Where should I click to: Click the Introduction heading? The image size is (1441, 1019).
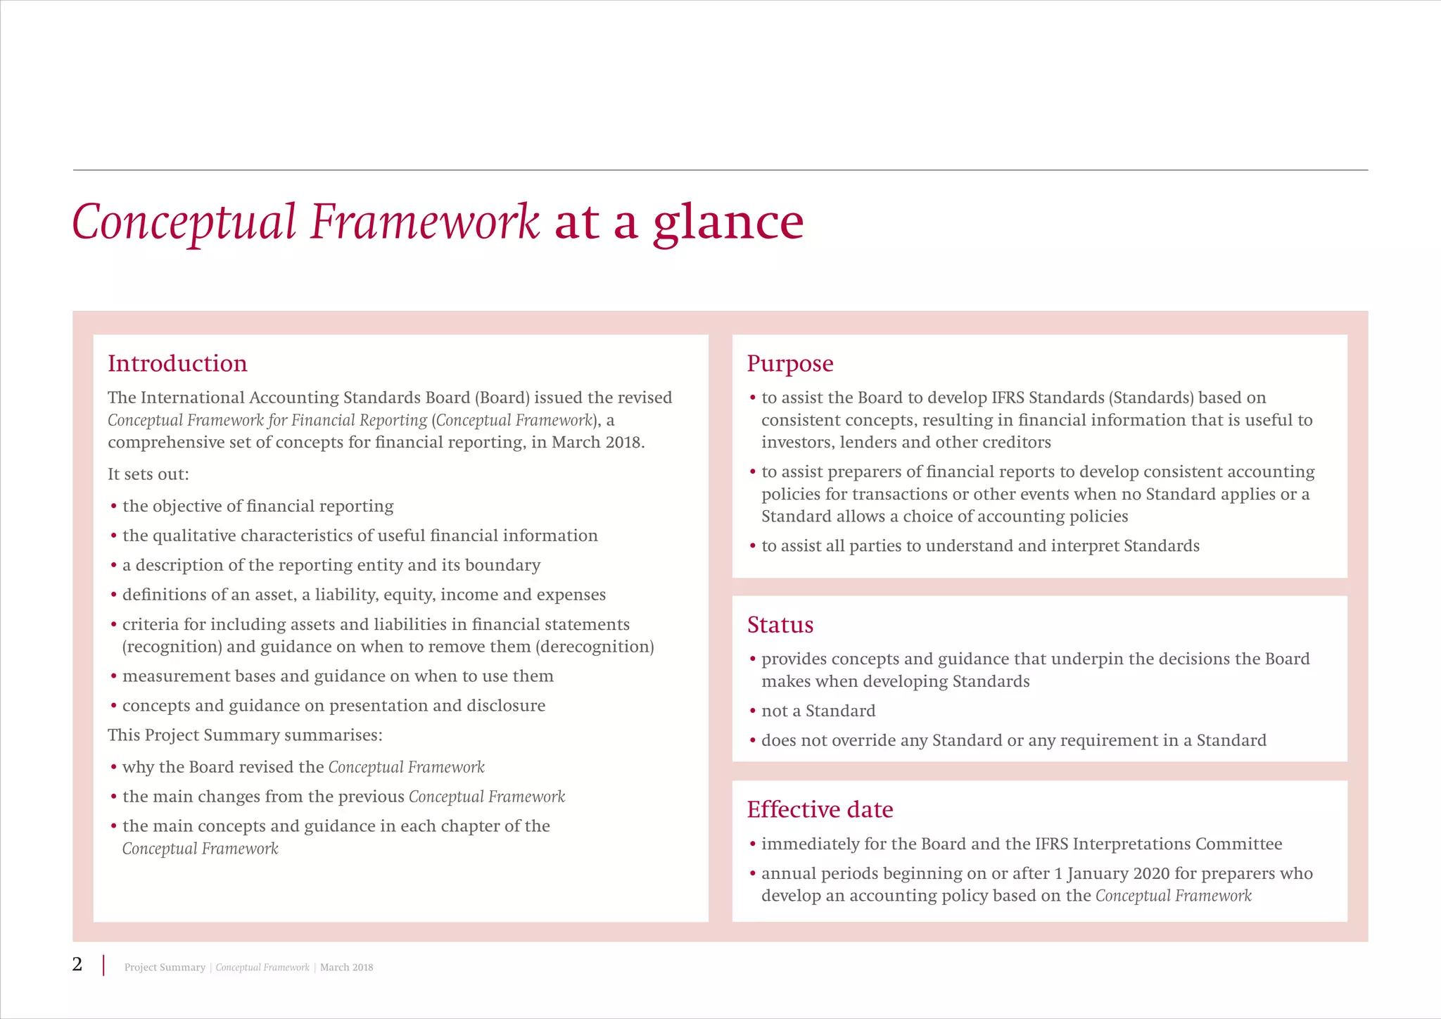point(177,364)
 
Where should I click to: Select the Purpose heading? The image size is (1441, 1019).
point(789,364)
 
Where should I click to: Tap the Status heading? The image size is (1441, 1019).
point(780,625)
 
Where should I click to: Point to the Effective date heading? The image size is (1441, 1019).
point(820,809)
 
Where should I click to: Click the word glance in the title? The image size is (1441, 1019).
point(728,222)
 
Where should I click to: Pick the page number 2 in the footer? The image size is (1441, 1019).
point(77,964)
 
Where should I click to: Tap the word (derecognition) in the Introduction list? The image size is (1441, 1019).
point(595,647)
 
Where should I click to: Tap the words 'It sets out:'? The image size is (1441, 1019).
point(148,474)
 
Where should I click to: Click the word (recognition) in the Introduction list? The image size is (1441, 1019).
point(172,647)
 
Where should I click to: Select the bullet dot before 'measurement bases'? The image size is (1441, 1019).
point(113,677)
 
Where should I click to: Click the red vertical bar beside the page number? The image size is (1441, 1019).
point(104,965)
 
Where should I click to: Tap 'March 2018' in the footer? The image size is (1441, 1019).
point(346,968)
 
